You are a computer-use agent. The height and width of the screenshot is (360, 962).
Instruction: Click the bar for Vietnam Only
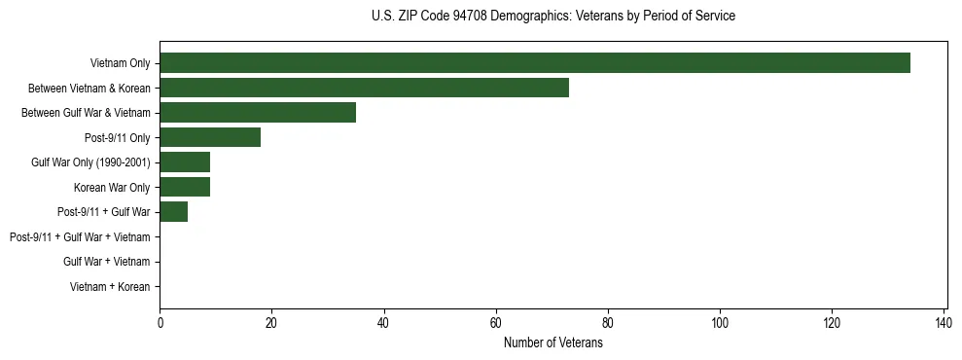click(535, 63)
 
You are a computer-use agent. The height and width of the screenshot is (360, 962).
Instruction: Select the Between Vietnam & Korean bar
click(364, 88)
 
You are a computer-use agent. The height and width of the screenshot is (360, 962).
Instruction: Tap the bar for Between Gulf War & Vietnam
click(258, 113)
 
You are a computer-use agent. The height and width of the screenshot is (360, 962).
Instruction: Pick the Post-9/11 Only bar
click(210, 137)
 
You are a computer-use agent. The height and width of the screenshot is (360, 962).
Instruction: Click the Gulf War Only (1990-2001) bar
click(185, 162)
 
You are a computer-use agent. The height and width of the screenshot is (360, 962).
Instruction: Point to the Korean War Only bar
click(185, 187)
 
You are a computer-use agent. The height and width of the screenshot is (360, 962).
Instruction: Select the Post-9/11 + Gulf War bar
click(174, 212)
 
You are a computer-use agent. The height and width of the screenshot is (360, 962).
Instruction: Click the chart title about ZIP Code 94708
click(553, 17)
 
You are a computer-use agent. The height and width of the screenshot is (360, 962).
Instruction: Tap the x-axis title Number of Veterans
click(553, 343)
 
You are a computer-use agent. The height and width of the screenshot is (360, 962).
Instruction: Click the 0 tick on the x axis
click(160, 322)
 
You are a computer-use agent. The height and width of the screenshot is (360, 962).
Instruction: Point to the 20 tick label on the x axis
click(272, 322)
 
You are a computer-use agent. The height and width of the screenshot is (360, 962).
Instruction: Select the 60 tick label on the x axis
click(496, 322)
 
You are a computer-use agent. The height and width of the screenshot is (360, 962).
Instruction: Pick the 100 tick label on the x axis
click(720, 322)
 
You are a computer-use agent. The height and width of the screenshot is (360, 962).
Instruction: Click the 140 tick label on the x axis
click(944, 322)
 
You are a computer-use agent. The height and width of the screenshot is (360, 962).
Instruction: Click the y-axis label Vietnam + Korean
click(110, 287)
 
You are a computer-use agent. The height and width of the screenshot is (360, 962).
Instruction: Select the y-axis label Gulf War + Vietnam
click(106, 262)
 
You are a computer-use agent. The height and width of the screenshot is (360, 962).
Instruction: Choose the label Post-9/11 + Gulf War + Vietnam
click(80, 237)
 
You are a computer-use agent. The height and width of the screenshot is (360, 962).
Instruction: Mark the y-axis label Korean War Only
click(112, 188)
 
